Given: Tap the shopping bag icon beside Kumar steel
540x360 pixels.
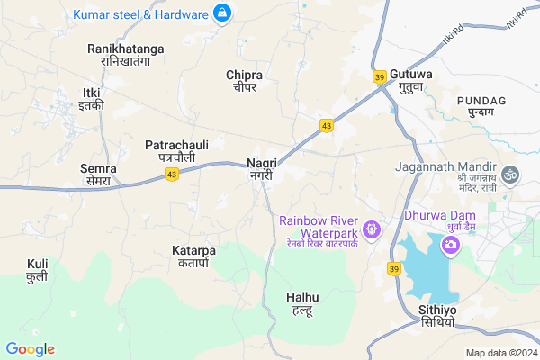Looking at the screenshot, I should coord(221,13).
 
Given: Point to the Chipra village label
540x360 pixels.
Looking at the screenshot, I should coord(246,80).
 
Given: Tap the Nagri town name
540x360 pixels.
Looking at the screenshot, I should coord(261,169).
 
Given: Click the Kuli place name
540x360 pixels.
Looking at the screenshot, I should coord(37,270).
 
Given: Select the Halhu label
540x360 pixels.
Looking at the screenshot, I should coord(302,302).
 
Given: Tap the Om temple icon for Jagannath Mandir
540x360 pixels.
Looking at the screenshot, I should coord(512,171).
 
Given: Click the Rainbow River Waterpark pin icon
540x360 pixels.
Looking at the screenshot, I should coord(373,231).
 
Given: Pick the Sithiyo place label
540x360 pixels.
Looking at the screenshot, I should coord(437,316).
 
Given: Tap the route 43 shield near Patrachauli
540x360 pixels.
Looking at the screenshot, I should coord(171,174).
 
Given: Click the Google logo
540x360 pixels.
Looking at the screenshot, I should coord(30,349).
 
